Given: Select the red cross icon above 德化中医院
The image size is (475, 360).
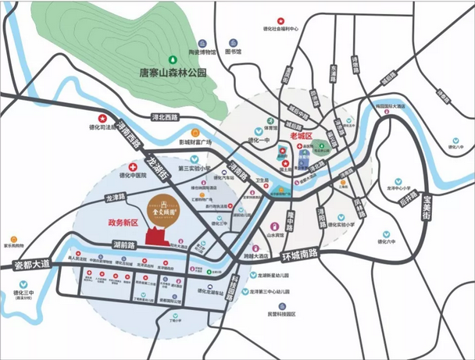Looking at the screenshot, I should (132, 166).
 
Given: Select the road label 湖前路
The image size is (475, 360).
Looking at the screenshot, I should (123, 244).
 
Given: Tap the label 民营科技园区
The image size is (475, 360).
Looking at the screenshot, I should (280, 313).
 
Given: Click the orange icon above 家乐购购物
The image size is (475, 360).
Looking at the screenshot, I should (13, 233).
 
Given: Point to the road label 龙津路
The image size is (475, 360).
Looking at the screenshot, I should (115, 200).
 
